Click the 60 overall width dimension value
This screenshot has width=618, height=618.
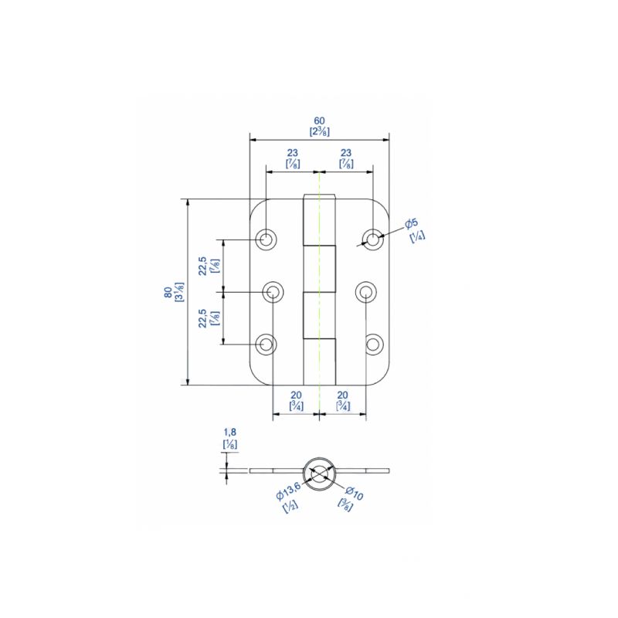pyautogui.click(x=319, y=121)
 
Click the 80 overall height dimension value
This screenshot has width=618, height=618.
pyautogui.click(x=168, y=292)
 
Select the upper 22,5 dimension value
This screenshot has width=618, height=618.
pyautogui.click(x=202, y=266)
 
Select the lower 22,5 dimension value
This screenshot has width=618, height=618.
pyautogui.click(x=202, y=318)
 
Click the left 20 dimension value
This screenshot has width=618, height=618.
pyautogui.click(x=296, y=395)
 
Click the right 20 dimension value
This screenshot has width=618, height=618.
pyautogui.click(x=342, y=395)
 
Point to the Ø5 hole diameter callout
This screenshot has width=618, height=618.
pyautogui.click(x=412, y=224)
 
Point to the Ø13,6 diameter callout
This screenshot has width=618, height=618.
pyautogui.click(x=287, y=495)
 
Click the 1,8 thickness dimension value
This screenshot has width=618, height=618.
pyautogui.click(x=229, y=433)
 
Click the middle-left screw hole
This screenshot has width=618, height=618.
pyautogui.click(x=273, y=292)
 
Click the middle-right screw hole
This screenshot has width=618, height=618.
pyautogui.click(x=365, y=292)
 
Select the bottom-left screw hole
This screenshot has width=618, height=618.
pyautogui.click(x=267, y=344)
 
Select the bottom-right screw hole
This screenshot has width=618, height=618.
pyautogui.click(x=373, y=344)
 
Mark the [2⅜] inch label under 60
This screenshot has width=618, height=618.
pyautogui.click(x=319, y=131)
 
